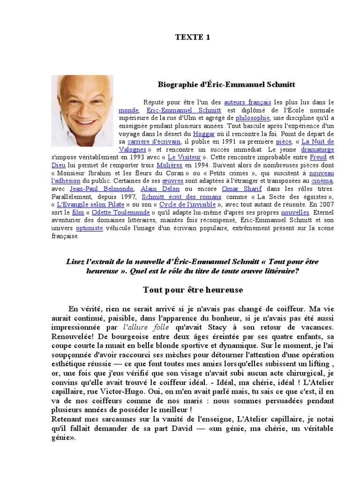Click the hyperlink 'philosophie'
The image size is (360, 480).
[x=252, y=118]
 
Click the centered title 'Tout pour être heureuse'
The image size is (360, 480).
[x=193, y=290]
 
